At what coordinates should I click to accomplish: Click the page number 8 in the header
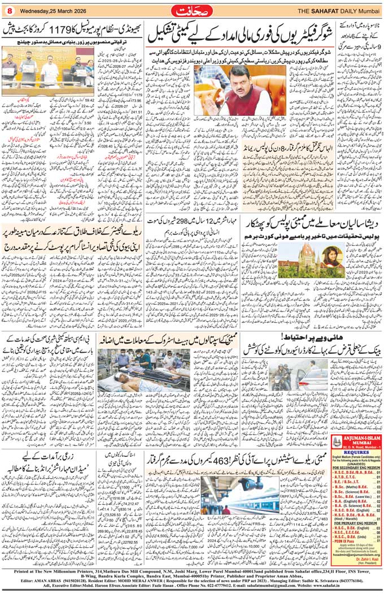(9, 10)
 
